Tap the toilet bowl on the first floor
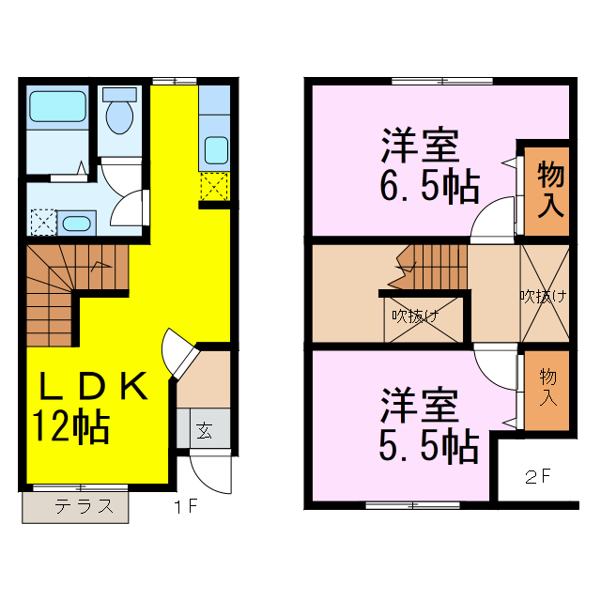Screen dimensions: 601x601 tap(118, 115)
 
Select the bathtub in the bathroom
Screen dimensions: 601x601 tap(58, 105)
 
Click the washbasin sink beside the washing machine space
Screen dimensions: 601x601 tap(76, 223)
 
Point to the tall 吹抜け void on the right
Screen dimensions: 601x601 tap(544, 295)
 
